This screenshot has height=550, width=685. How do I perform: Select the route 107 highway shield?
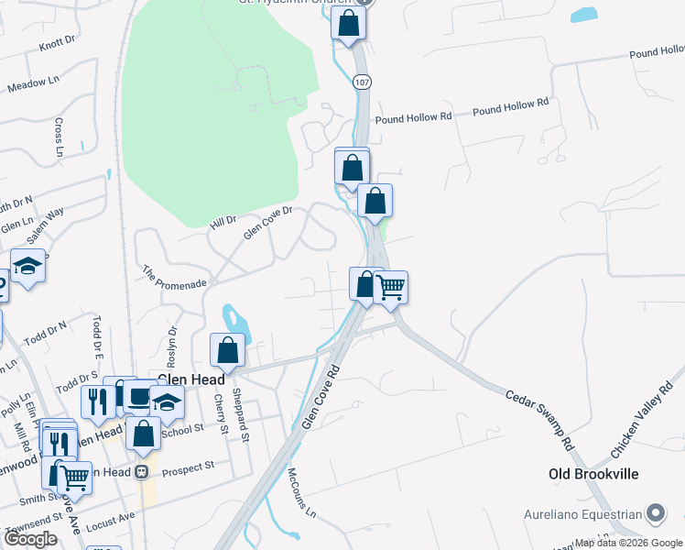(364, 82)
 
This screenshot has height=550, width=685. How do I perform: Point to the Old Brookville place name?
(593, 474)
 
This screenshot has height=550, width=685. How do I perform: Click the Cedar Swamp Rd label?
(540, 418)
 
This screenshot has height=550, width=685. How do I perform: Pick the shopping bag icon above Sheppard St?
(228, 350)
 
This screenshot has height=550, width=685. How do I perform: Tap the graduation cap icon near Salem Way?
(28, 267)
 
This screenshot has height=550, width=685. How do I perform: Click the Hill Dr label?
(223, 221)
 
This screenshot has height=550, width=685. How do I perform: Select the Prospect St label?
(188, 466)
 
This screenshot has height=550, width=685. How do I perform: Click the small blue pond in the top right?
(583, 16)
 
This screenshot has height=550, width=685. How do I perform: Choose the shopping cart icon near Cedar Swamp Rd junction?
(391, 287)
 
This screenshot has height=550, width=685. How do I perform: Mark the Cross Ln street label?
(59, 137)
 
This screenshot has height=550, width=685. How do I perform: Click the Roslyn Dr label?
(171, 338)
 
